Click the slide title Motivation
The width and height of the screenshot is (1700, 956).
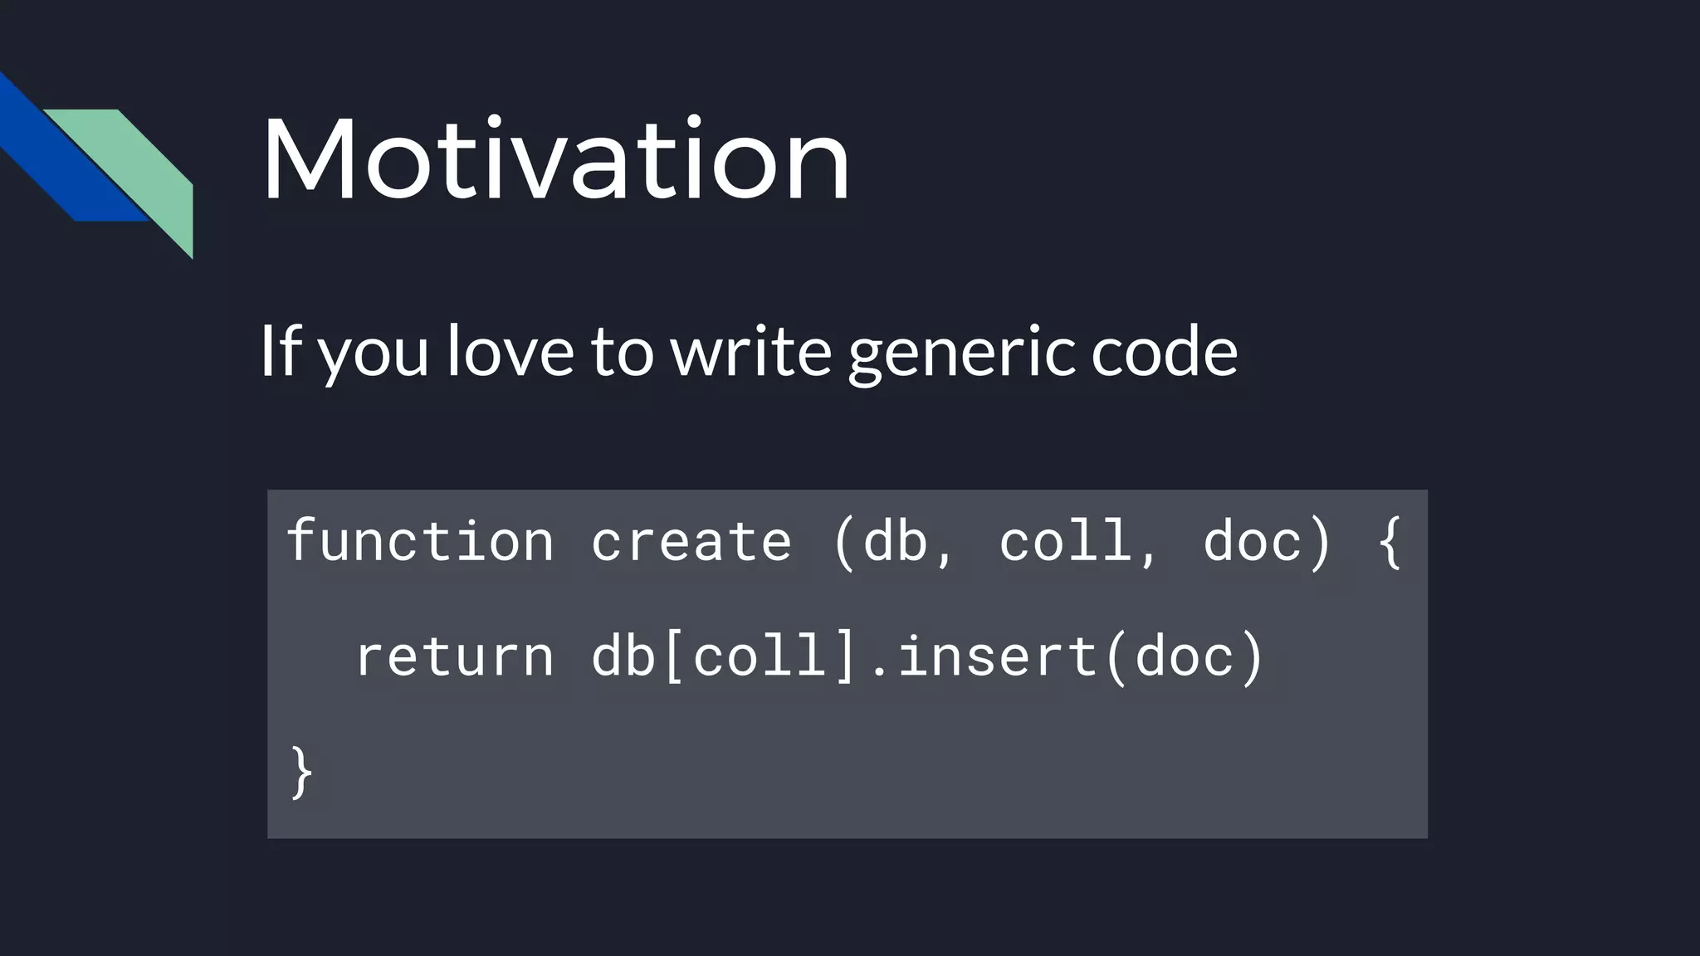[x=555, y=159]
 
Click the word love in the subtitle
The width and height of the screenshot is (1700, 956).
[x=510, y=351]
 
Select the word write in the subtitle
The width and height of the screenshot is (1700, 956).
[x=750, y=351]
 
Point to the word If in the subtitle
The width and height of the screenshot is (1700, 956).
[x=280, y=351]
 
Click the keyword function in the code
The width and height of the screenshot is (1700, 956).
[x=420, y=542]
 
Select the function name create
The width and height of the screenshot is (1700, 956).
[x=691, y=542]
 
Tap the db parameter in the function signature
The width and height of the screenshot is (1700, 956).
[x=895, y=542]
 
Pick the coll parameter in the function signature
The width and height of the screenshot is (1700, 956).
[x=1064, y=542]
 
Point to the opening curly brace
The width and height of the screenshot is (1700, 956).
[x=1389, y=542]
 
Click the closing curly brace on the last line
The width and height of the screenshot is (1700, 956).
[x=301, y=772]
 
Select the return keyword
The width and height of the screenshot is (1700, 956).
[x=454, y=656]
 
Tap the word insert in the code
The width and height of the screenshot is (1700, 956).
[x=997, y=656]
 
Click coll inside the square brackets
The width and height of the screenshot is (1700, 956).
[x=759, y=656]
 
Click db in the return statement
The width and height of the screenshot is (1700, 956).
[x=623, y=656]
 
